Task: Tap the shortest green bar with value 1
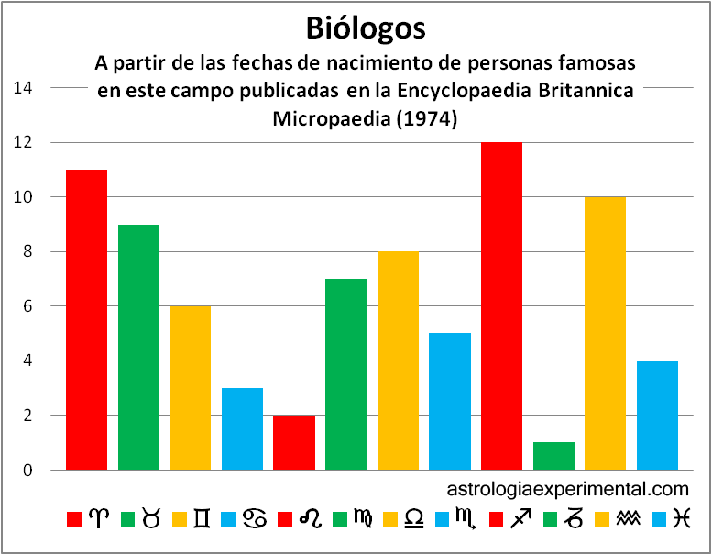[x=553, y=456]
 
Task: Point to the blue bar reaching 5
[x=450, y=401]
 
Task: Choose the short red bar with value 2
[x=294, y=442]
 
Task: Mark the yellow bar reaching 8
[x=398, y=361]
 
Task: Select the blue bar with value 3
[x=242, y=428]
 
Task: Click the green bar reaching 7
[x=345, y=374]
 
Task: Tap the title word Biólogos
[x=366, y=28]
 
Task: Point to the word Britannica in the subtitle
[x=588, y=92]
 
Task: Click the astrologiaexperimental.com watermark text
[x=568, y=489]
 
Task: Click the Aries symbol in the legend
[x=98, y=519]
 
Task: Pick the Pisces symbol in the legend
[x=679, y=519]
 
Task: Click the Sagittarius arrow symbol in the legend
[x=520, y=519]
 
